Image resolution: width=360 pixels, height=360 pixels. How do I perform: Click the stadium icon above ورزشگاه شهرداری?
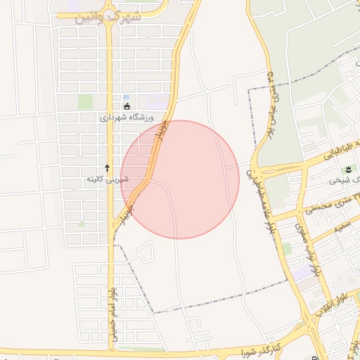coord(127,107)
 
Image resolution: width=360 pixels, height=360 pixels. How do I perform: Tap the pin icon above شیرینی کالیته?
coord(107,168)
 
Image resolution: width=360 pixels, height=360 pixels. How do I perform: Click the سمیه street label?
coord(342,227)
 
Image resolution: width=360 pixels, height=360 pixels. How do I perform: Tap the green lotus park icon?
coord(348,169)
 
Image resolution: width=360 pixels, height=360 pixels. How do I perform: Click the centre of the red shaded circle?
coord(180,179)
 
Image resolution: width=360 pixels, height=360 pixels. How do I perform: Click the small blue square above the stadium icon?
coord(127,98)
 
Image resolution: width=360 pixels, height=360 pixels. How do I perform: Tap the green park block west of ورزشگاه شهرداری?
coord(86,101)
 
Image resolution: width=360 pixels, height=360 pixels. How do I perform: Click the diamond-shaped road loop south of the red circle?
coord(146,252)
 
